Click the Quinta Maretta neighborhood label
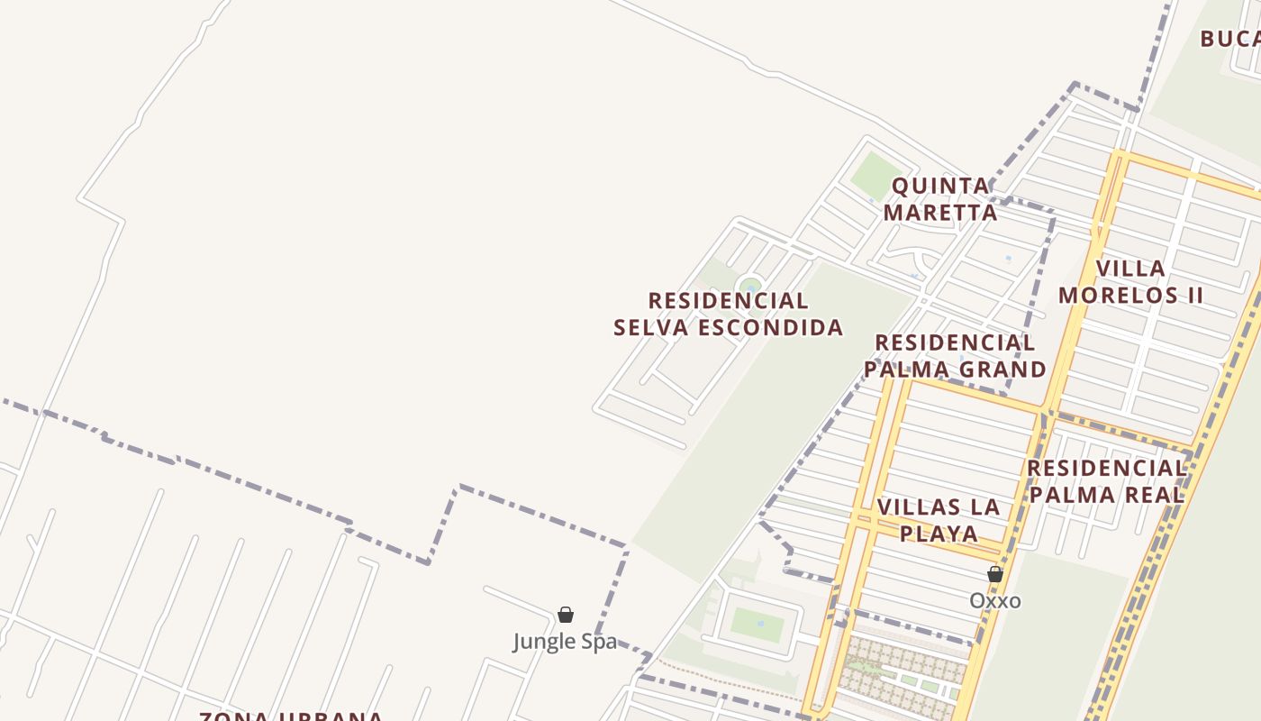[x=940, y=199]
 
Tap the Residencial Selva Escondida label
[x=728, y=314]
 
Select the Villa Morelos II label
[x=1130, y=281]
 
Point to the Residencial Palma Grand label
[x=955, y=356]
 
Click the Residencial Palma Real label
[x=1107, y=480]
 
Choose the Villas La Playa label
[x=939, y=519]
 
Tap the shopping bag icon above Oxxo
[x=995, y=574]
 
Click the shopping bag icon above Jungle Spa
[x=566, y=615]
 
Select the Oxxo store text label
[x=995, y=600]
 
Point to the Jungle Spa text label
[x=565, y=641]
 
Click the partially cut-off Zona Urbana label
[x=291, y=716]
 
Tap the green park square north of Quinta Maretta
[x=875, y=176]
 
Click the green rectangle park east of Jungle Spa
[x=756, y=624]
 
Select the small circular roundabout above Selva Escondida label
[x=749, y=286]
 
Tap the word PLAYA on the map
[x=939, y=533]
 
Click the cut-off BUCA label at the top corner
[x=1230, y=39]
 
